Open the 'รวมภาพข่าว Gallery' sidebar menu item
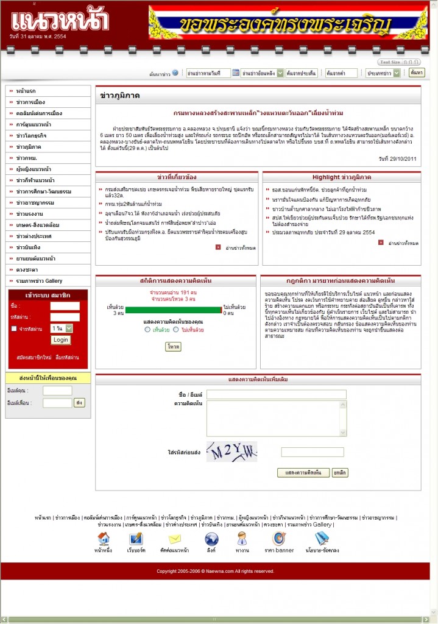tap(40, 280)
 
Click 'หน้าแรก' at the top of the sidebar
tap(26, 90)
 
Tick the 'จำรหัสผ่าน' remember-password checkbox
tap(15, 328)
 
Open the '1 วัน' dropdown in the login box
tap(62, 328)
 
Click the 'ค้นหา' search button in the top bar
tap(417, 73)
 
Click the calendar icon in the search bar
tap(236, 73)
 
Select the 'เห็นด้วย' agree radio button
tap(147, 330)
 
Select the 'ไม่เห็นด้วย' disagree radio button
tap(177, 330)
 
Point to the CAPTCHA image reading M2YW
tap(231, 452)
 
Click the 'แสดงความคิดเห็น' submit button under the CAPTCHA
tap(303, 472)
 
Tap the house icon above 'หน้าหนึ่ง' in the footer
tap(104, 539)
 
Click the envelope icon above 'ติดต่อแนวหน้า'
tap(175, 539)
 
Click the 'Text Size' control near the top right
tap(399, 62)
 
